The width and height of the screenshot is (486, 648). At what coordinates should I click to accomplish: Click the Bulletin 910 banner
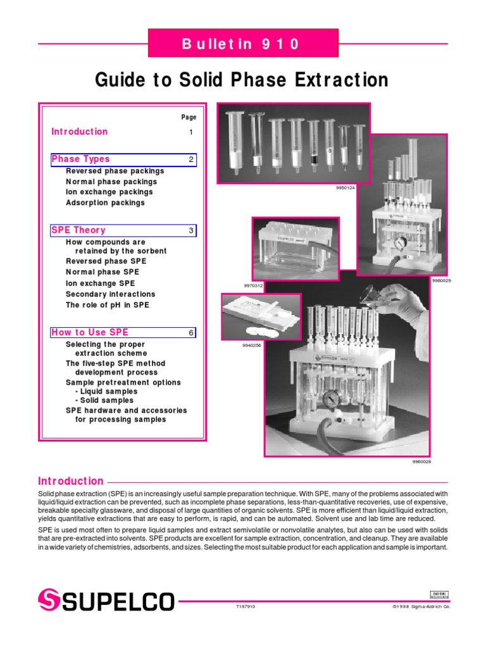243,44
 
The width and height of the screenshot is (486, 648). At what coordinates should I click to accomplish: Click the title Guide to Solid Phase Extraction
242,80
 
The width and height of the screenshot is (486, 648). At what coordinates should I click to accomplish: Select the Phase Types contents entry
80,159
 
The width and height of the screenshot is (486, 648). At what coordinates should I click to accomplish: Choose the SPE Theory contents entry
78,230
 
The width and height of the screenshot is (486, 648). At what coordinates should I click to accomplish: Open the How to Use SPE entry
90,332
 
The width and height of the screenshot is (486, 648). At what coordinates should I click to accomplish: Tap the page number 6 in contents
190,333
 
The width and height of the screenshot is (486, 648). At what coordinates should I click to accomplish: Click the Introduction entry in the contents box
80,132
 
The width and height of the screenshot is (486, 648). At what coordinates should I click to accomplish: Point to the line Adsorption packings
105,203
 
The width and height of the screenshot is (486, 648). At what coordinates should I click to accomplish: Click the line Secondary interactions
110,294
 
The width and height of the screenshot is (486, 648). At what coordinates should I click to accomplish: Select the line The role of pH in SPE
108,305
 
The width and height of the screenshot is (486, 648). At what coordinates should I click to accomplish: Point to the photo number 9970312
253,285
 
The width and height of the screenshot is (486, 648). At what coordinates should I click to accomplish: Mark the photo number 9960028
422,462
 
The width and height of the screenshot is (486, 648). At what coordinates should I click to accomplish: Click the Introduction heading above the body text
71,481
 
